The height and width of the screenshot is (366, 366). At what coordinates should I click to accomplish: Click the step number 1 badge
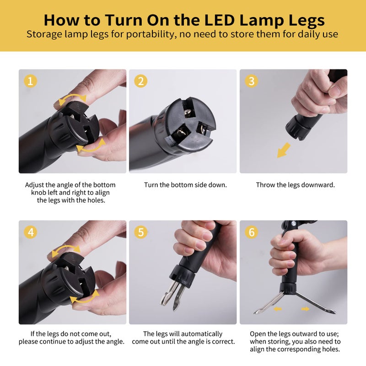tap(30, 81)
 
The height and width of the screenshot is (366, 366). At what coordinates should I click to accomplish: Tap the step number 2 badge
tap(141, 81)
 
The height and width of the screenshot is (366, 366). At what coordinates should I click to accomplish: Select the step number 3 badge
tap(251, 81)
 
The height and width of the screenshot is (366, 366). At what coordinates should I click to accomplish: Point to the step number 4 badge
tap(30, 232)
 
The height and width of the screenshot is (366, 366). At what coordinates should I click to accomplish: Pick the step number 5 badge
tap(141, 232)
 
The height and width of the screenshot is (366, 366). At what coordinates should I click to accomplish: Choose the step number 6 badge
tap(251, 232)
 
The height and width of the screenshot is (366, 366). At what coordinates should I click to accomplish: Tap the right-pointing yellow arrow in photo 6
tap(305, 309)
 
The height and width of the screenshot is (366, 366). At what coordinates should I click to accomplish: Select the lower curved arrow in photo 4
tap(84, 298)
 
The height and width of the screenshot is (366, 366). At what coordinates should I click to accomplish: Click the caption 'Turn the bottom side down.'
tap(185, 185)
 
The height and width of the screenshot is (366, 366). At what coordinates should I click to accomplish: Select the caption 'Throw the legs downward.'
tap(296, 185)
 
